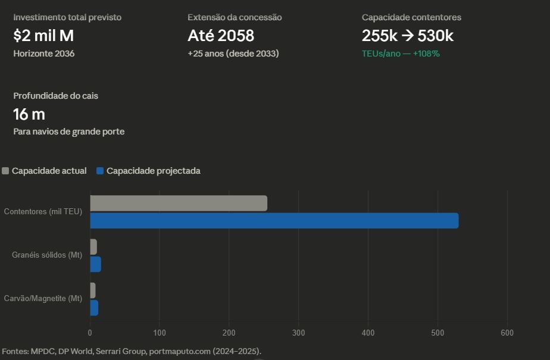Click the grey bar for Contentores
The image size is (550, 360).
179,204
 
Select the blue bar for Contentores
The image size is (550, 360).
274,221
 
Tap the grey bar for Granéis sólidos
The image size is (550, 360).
93,247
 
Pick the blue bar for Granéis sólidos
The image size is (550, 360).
95,264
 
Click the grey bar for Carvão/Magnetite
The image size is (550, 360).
93,290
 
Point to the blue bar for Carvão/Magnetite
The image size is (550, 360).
94,308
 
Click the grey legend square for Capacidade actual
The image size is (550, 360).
6,171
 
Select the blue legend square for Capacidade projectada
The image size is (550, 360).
100,171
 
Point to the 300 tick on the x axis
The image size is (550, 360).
298,333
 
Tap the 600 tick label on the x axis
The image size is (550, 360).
507,333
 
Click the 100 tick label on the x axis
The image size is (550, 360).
159,333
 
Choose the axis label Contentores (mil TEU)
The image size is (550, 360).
43,212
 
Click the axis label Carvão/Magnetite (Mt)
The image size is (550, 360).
43,299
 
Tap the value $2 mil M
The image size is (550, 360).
43,36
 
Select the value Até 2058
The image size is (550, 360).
221,36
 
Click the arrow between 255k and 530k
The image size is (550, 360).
407,36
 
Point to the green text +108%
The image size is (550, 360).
426,54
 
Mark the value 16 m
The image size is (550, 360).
29,114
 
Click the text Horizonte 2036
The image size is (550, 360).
44,54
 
